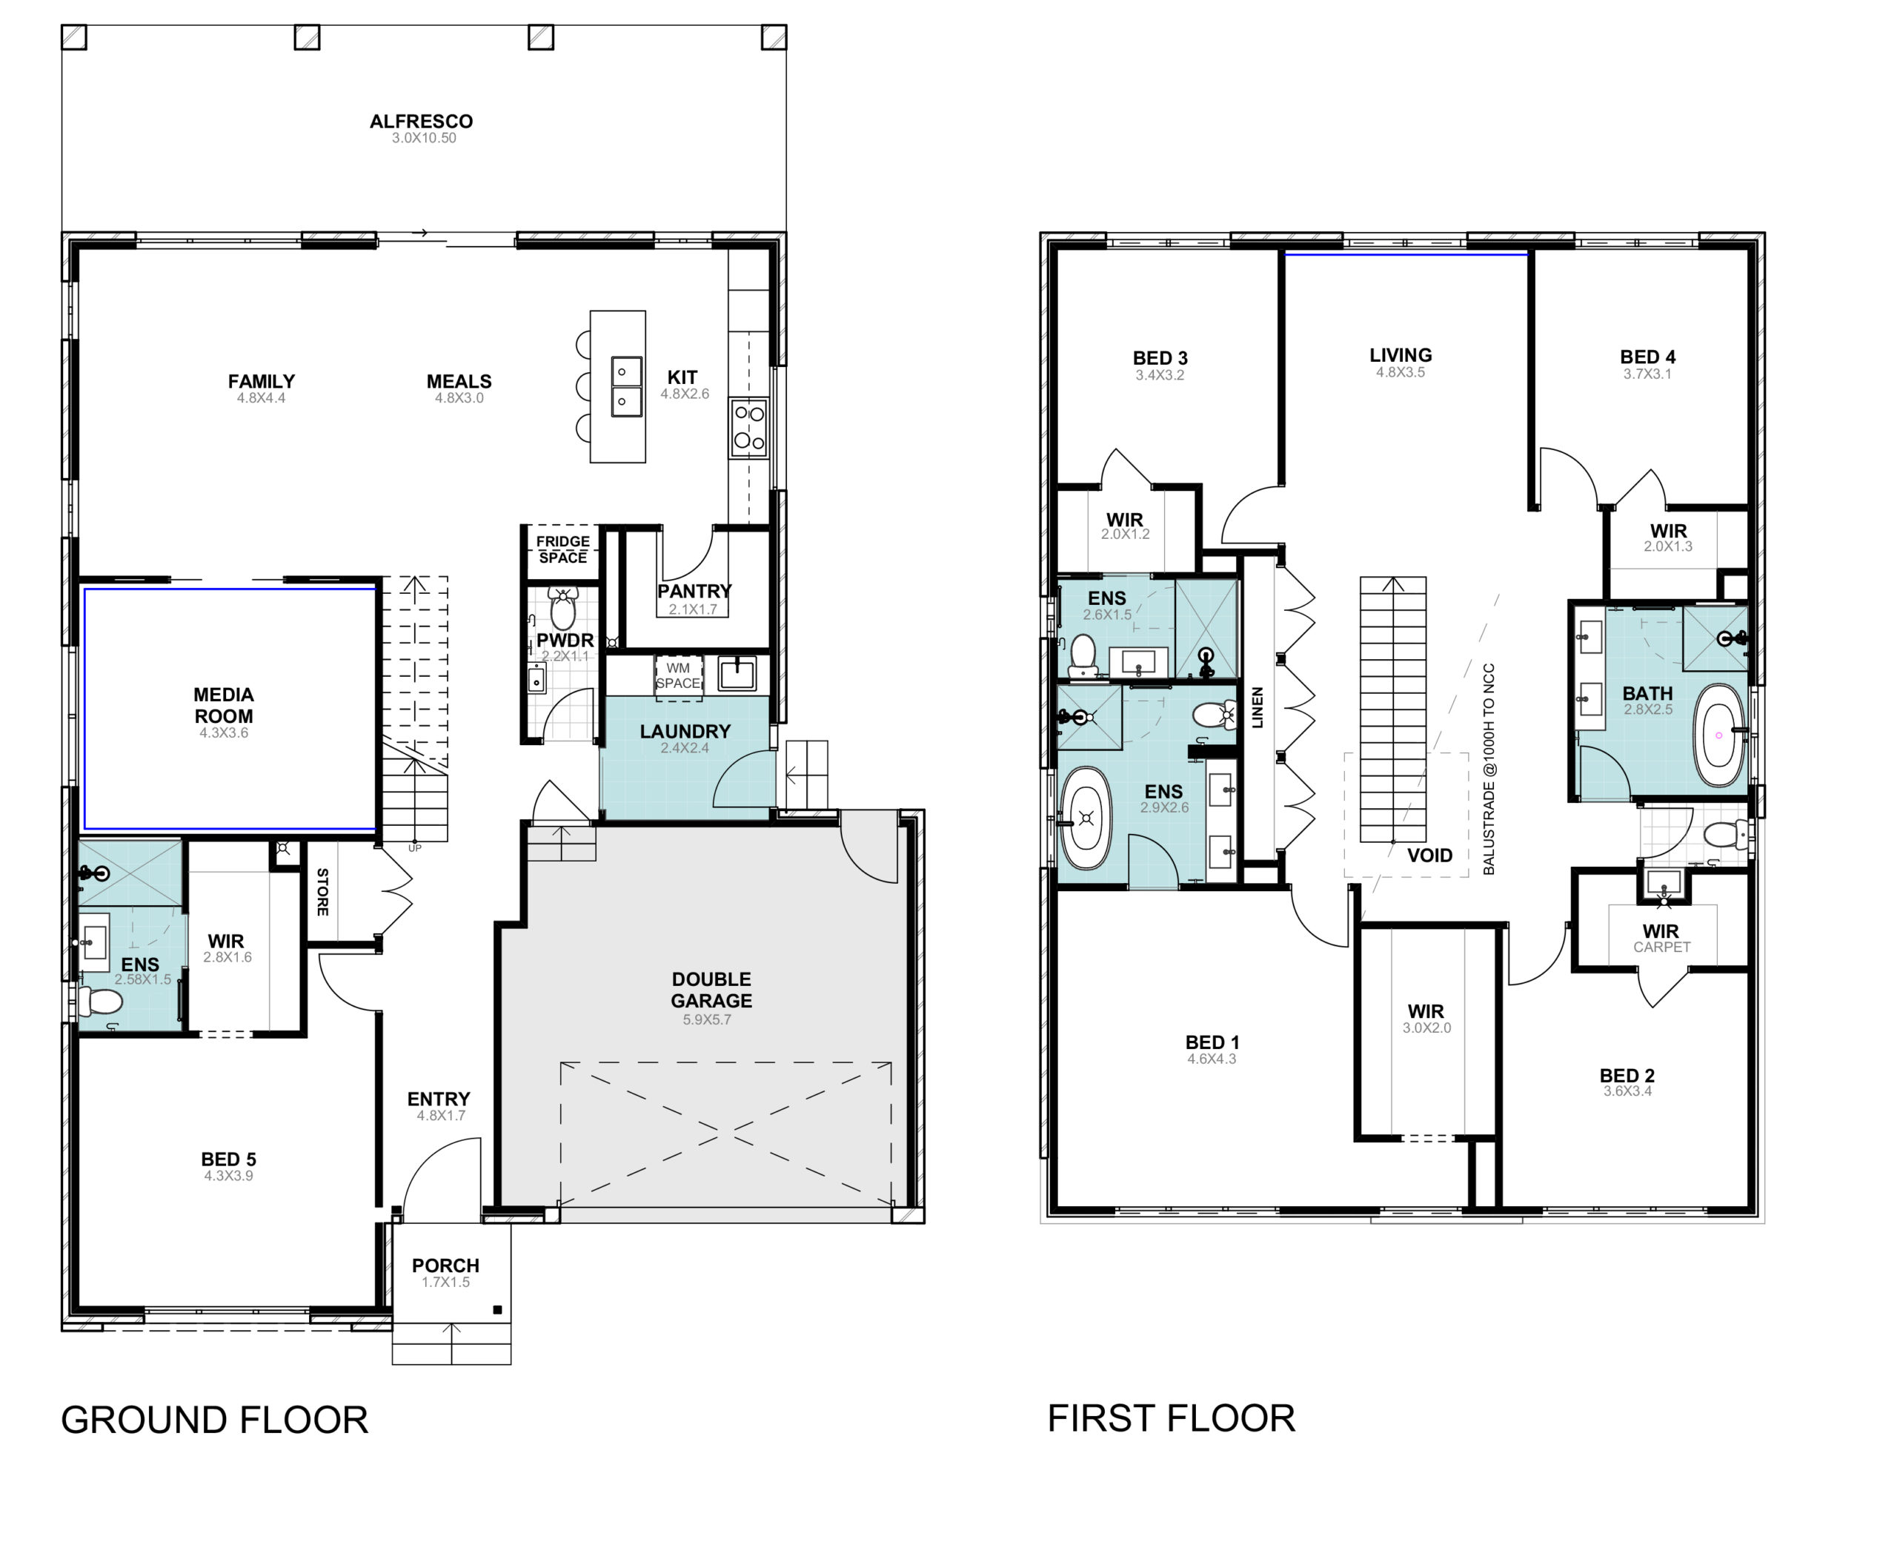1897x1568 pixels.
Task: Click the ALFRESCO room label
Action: pyautogui.click(x=421, y=121)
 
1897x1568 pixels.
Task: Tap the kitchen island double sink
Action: pyautogui.click(x=627, y=386)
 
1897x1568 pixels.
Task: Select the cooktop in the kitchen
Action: pyautogui.click(x=748, y=427)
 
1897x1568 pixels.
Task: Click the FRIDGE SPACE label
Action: pyautogui.click(x=562, y=549)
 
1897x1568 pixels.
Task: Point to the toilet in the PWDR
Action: pyautogui.click(x=562, y=609)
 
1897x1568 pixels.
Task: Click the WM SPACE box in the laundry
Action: pyautogui.click(x=678, y=675)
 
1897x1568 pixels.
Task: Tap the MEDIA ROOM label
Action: pyautogui.click(x=223, y=706)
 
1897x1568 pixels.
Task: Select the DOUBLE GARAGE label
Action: pyautogui.click(x=711, y=990)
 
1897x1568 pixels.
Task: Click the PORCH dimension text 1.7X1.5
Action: pyautogui.click(x=445, y=1282)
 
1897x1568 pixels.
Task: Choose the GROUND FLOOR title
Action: pyautogui.click(x=215, y=1420)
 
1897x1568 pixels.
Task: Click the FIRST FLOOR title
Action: pyautogui.click(x=1171, y=1418)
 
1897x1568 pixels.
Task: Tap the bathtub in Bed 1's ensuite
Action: pyautogui.click(x=1086, y=819)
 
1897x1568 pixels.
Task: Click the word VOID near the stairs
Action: pyautogui.click(x=1429, y=856)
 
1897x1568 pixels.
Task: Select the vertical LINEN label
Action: pyautogui.click(x=1258, y=707)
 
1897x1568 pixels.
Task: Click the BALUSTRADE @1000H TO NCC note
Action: pyautogui.click(x=1489, y=770)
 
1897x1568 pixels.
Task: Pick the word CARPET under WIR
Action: pyautogui.click(x=1661, y=947)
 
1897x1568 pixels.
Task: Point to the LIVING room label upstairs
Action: pyautogui.click(x=1401, y=355)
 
